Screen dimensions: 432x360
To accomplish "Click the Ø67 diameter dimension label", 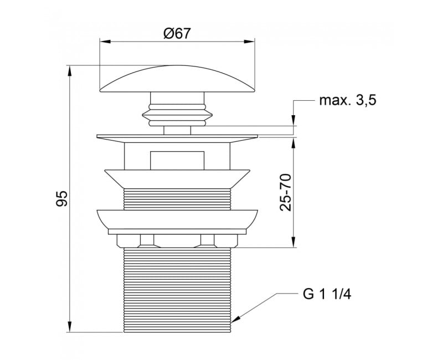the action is point(177,34).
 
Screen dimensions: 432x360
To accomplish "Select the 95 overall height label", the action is point(61,198).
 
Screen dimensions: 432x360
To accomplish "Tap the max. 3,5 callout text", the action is point(348,101).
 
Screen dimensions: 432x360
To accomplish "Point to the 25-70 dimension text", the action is point(285,193).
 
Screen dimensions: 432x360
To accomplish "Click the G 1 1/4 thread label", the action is point(327,295).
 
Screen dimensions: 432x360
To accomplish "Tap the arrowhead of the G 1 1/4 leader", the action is point(236,319).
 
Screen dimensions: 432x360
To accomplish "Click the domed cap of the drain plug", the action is point(177,79).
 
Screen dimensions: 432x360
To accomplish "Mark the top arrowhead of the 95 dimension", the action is point(70,71).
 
